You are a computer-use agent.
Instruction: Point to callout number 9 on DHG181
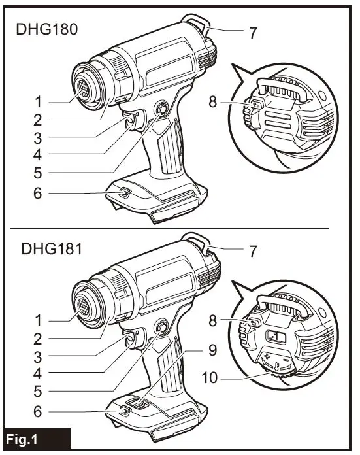point(210,348)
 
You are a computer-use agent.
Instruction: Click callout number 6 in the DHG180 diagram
point(38,193)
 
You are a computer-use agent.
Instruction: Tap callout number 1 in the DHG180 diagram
point(38,102)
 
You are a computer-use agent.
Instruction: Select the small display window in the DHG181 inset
point(274,335)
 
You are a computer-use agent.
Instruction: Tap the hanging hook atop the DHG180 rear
point(198,25)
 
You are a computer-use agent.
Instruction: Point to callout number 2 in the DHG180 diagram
point(38,120)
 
